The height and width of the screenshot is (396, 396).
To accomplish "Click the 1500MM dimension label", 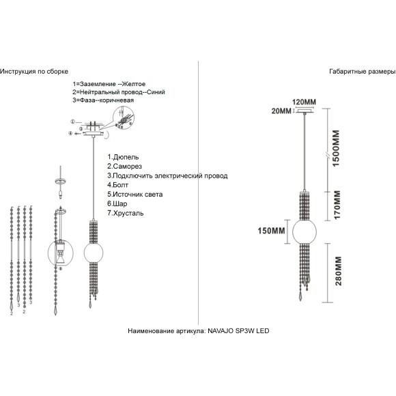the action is pos(336,149).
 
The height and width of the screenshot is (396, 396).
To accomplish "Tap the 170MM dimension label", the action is pos(337,205).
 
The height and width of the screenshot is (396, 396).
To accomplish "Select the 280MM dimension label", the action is pos(338,271).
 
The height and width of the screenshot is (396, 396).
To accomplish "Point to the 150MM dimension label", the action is pos(271,231).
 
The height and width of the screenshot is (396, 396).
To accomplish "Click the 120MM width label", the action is pos(304,102).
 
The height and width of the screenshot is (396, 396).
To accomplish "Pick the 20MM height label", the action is pos(281,111).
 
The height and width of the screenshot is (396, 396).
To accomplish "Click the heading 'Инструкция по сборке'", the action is pos(34,72).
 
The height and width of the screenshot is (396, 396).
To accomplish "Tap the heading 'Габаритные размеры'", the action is pos(363,72).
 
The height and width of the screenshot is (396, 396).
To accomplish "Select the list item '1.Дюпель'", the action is pos(123,157).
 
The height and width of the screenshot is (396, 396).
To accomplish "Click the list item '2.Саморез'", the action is pos(124,166).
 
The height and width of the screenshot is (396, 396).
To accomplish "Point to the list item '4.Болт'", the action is pos(117,185).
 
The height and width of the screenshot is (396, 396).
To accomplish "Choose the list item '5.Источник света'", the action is pos(135,194).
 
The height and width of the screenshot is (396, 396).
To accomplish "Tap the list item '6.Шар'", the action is pos(117,203).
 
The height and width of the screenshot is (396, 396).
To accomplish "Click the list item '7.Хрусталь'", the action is pos(126,213).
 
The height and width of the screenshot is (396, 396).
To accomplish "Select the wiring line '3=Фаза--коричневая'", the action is pos(103,100).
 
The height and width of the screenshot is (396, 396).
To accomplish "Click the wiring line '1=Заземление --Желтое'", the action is pos(109,84).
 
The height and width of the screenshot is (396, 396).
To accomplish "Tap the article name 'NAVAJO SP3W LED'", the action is pos(238,331).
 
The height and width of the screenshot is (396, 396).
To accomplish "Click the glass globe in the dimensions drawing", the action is pos(305,231).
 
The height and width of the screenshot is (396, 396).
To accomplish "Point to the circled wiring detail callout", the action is pos(124,118).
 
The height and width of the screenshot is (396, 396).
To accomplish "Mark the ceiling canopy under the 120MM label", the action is pos(305,111).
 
